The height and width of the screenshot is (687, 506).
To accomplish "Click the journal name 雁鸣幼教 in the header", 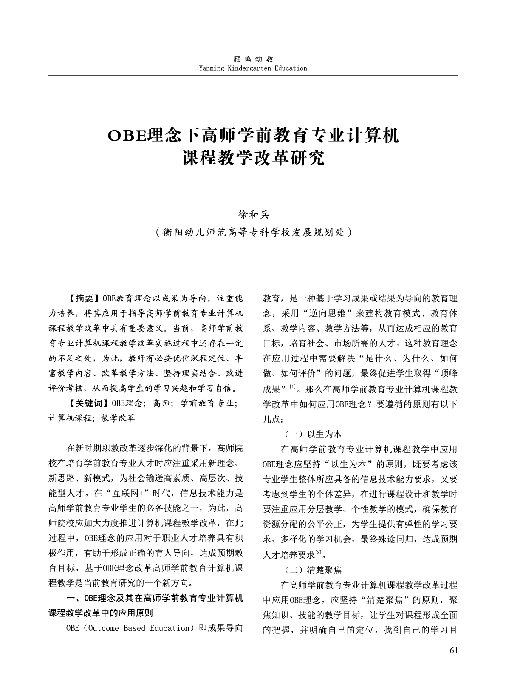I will click(x=253, y=60).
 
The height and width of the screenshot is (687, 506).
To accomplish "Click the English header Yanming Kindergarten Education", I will click(x=253, y=68).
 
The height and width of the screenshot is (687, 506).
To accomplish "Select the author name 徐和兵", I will click(x=253, y=215).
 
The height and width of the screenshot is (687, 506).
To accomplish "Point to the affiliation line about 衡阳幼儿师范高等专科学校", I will click(x=253, y=233).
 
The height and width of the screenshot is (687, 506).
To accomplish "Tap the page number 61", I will click(x=453, y=650).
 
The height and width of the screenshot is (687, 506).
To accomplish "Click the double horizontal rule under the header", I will click(x=253, y=75).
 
